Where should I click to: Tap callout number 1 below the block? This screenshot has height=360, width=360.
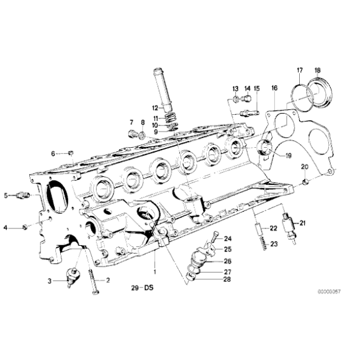[x=155, y=271]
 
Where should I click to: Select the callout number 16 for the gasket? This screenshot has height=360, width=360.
[x=274, y=89]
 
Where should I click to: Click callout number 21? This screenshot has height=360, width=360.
[x=303, y=223]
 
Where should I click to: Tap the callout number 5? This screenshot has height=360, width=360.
[x=6, y=196]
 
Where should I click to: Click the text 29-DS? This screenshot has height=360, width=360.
[x=141, y=287]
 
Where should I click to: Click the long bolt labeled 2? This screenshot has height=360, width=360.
[x=93, y=285]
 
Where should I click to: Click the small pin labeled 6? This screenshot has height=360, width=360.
[x=71, y=153]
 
